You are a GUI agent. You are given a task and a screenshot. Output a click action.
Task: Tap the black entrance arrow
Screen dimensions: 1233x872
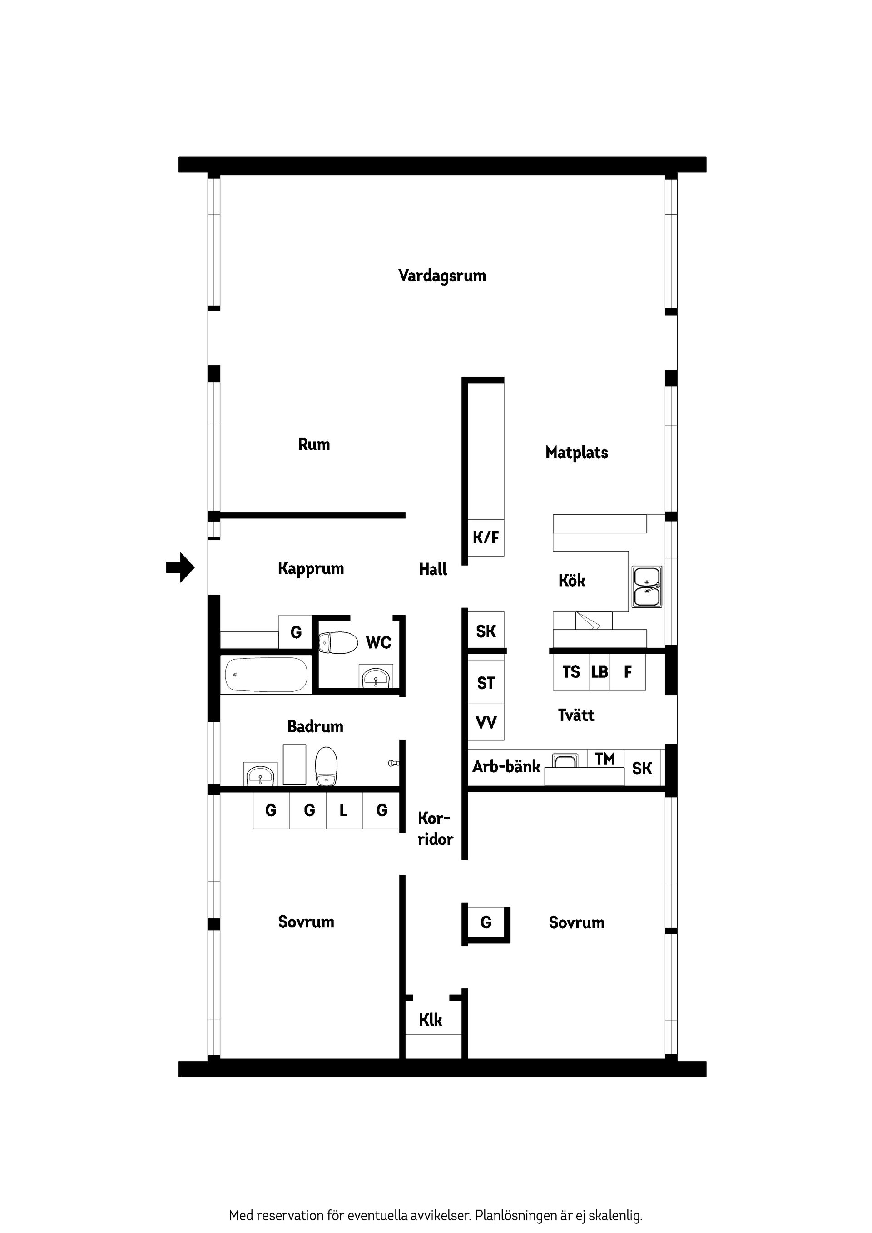pos(180,567)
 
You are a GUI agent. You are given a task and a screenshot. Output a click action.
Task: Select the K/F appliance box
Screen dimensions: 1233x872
pos(486,538)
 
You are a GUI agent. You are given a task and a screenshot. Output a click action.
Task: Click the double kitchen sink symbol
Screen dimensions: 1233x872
pos(646,587)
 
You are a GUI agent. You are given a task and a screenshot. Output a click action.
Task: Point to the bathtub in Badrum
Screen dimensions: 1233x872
pos(266,675)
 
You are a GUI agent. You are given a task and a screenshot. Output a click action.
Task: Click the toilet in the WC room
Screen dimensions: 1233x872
pos(338,642)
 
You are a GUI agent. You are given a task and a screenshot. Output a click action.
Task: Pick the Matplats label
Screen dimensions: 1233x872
pos(576,453)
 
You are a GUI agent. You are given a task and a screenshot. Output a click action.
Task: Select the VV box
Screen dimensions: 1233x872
pos(486,723)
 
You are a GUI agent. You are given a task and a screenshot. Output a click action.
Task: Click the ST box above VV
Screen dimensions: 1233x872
pos(486,683)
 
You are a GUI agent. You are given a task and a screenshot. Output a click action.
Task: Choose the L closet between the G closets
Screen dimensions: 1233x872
pos(344,810)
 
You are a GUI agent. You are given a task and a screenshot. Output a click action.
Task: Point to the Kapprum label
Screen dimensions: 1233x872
pos(311,568)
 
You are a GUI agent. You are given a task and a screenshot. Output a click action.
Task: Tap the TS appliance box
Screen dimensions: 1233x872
pos(571,672)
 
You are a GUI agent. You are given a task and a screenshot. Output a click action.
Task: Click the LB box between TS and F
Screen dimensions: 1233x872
pos(599,672)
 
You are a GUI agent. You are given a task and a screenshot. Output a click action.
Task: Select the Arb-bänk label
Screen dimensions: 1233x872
pos(505,766)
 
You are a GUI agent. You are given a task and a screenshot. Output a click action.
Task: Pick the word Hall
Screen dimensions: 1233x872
pos(432,569)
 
